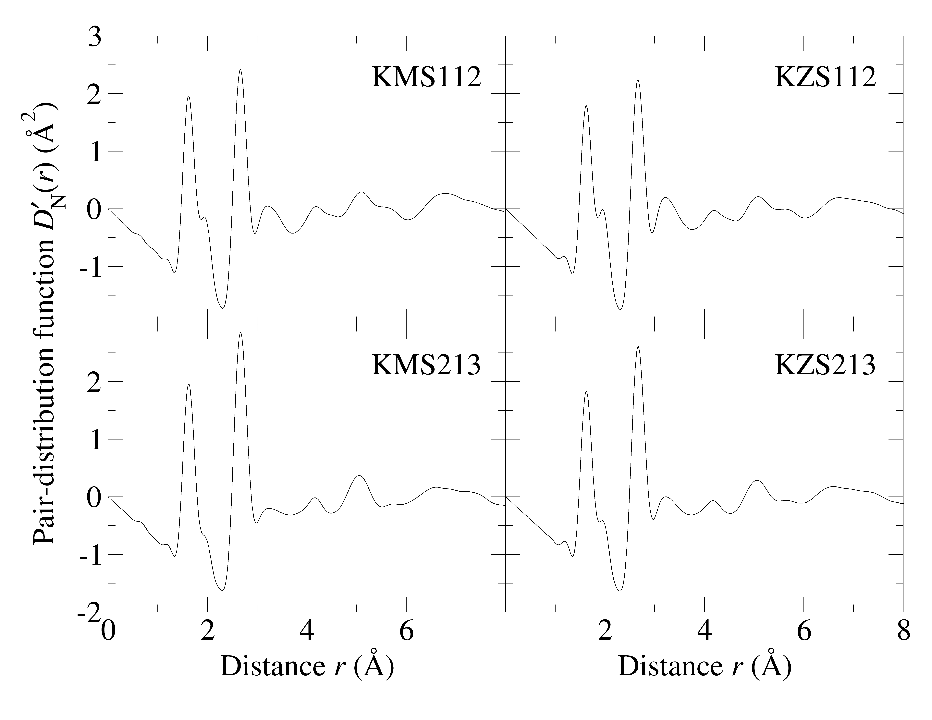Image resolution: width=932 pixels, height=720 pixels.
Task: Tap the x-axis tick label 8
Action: click(903, 632)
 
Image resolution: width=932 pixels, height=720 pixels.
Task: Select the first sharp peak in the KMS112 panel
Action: click(188, 96)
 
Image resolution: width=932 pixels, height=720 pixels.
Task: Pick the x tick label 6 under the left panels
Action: click(406, 632)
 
